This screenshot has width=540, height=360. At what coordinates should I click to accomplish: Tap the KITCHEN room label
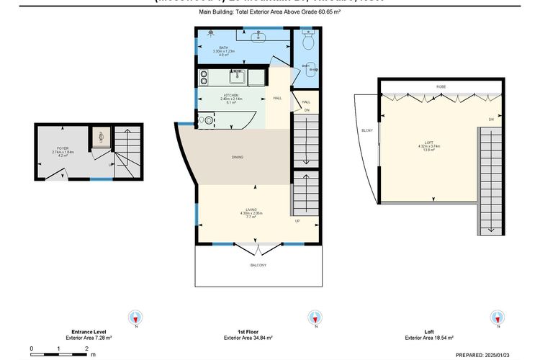tap(231, 95)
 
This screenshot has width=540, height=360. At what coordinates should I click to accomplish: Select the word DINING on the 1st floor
tap(237, 157)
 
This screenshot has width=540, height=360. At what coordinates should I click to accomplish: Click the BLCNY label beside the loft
tap(366, 130)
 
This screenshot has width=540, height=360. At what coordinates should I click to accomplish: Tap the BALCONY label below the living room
tap(258, 266)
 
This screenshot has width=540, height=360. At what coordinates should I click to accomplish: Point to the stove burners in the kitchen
tap(204, 76)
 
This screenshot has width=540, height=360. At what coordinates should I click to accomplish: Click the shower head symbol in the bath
tap(210, 33)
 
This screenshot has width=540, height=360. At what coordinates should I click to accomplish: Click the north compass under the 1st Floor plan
tap(314, 318)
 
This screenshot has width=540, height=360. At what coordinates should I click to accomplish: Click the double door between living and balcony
tap(258, 249)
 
